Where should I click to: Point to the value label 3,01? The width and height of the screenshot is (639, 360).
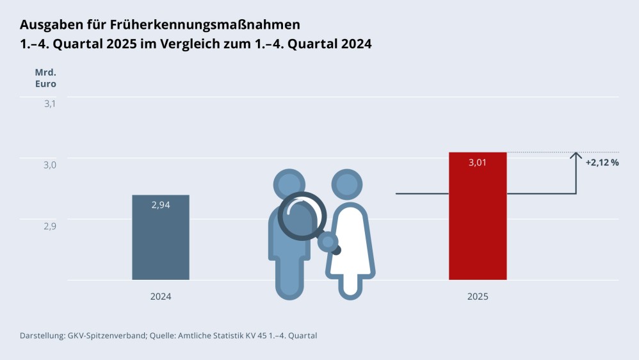point(478,163)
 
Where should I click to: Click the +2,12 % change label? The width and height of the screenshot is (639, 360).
point(602,163)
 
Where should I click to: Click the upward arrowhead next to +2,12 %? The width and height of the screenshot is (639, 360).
point(576,156)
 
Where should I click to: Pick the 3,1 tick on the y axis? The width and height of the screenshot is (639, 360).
point(50,104)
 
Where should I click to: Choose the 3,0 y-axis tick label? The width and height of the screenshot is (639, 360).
point(50,165)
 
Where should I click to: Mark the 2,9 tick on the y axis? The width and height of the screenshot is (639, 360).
point(50,225)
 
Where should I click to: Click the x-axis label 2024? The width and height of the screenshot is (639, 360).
point(161,297)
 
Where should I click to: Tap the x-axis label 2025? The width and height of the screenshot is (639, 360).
point(478,297)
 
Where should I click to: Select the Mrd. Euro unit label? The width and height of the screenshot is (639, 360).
point(45,78)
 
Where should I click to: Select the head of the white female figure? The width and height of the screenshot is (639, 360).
point(347,185)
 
